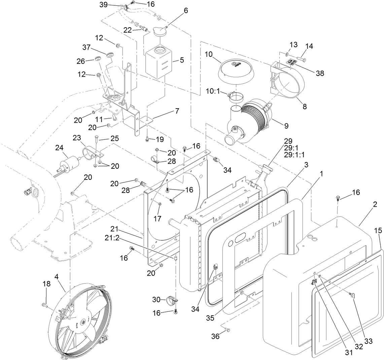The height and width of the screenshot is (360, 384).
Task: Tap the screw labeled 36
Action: click(226, 330)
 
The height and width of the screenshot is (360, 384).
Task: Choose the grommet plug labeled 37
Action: click(109, 54)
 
